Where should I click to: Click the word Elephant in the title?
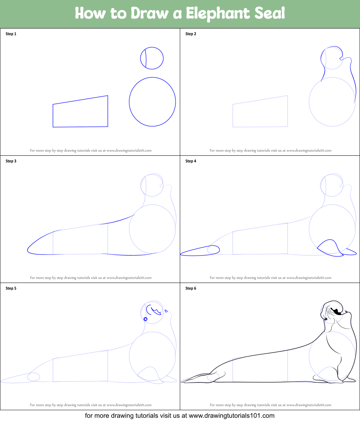pyautogui.click(x=216, y=14)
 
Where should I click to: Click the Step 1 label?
pyautogui.click(x=11, y=34)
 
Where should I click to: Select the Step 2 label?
pyautogui.click(x=191, y=34)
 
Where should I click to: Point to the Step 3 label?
pyautogui.click(x=11, y=161)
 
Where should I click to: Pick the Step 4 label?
pyautogui.click(x=191, y=161)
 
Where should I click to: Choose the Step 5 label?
pyautogui.click(x=11, y=288)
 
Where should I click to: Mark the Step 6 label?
pyautogui.click(x=191, y=288)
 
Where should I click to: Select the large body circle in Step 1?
pyautogui.click(x=152, y=102)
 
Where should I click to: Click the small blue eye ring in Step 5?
pyautogui.click(x=146, y=319)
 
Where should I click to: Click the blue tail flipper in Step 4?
pyautogui.click(x=200, y=251)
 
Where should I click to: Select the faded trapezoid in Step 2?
pyautogui.click(x=260, y=112)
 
